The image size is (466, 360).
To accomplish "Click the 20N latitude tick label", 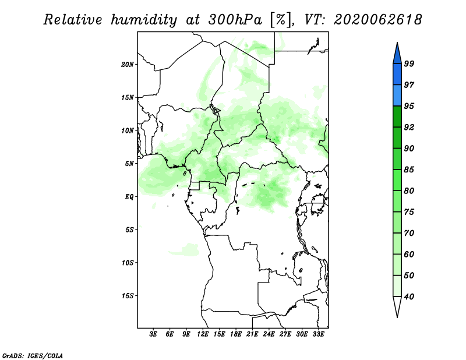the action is [x=128, y=65].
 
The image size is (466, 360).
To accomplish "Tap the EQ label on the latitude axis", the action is [x=129, y=197].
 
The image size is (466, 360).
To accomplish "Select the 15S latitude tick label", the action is [x=128, y=296].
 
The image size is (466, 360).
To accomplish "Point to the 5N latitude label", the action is [x=129, y=164].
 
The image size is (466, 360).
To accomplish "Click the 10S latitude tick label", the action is [x=128, y=263].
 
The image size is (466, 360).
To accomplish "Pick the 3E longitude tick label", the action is [x=153, y=334].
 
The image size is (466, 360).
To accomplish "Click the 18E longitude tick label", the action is [x=236, y=334].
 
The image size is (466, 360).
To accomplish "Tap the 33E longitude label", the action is [x=318, y=334].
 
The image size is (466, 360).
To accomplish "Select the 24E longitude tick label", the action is [x=269, y=334].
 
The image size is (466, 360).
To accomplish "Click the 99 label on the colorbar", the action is [x=409, y=63].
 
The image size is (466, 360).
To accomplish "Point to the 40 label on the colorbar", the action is [x=409, y=297].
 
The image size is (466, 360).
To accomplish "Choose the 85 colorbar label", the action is [x=409, y=170].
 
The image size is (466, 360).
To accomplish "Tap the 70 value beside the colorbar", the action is [x=409, y=233].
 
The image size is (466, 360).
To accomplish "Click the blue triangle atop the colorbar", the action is [x=397, y=55].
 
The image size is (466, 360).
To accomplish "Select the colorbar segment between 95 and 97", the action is [x=397, y=96].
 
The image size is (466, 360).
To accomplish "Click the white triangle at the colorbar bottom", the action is [x=397, y=305].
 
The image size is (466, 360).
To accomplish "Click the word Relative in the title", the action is [x=73, y=20].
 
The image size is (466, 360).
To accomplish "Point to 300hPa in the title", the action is [x=235, y=20].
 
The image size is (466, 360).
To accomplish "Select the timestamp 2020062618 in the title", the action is [x=377, y=20].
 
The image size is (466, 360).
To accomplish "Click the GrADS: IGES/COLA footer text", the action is [x=33, y=355].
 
